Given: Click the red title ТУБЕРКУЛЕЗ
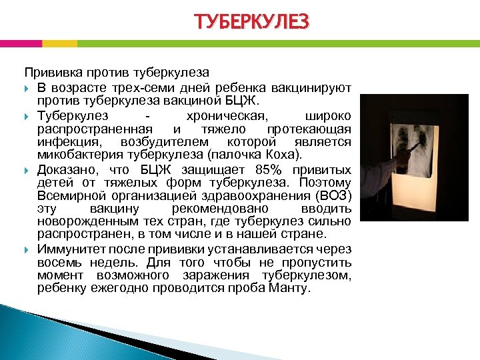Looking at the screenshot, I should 252,23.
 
